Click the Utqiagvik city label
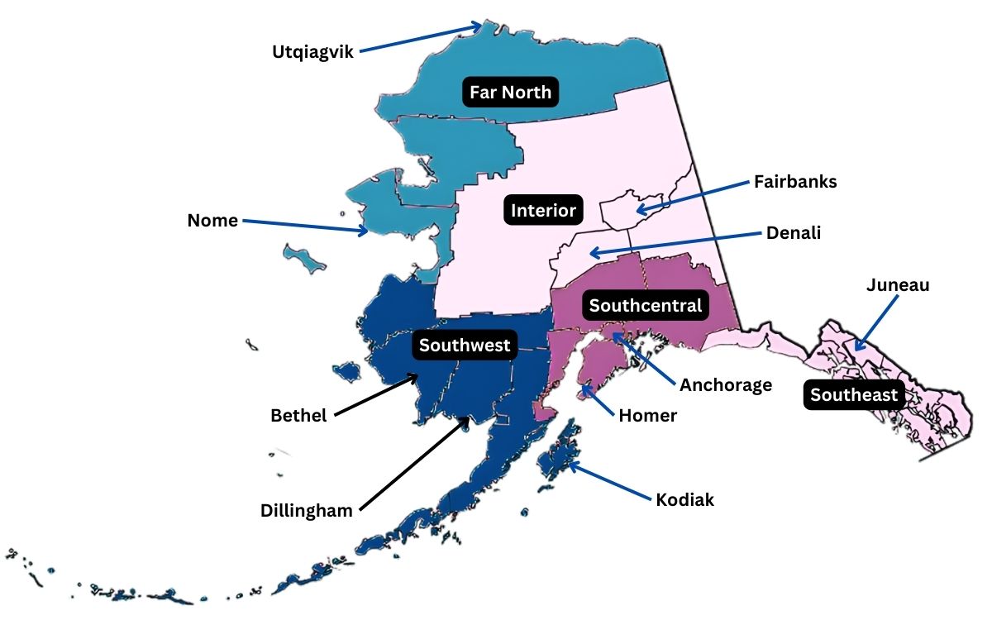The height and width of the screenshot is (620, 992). [x=312, y=52]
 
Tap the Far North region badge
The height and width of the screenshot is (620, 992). [x=510, y=92]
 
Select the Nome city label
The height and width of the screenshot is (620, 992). [x=212, y=221]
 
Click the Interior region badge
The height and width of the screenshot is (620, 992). [x=543, y=211]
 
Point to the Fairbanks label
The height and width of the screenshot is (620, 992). [x=794, y=182]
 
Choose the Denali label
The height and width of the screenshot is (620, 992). [x=794, y=234]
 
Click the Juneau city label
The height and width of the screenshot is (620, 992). [x=898, y=285]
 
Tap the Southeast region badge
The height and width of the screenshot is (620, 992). [x=854, y=395]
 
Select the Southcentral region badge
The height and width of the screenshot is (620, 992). [x=645, y=306]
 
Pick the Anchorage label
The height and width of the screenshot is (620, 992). [x=726, y=384]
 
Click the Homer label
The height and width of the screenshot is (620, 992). [x=647, y=416]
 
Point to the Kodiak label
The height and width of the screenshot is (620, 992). [x=684, y=499]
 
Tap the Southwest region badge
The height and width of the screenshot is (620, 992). [x=465, y=345]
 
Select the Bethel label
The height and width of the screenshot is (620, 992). [x=298, y=415]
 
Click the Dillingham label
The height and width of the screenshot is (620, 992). [x=307, y=511]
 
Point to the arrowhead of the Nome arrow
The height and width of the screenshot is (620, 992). [x=366, y=232]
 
